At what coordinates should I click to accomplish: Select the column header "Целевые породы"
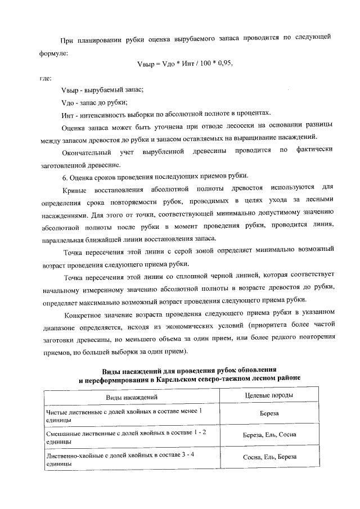coord(269,395)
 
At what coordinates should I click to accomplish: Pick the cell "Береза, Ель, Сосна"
coord(269,435)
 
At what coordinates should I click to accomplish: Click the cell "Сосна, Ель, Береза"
coord(269,457)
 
